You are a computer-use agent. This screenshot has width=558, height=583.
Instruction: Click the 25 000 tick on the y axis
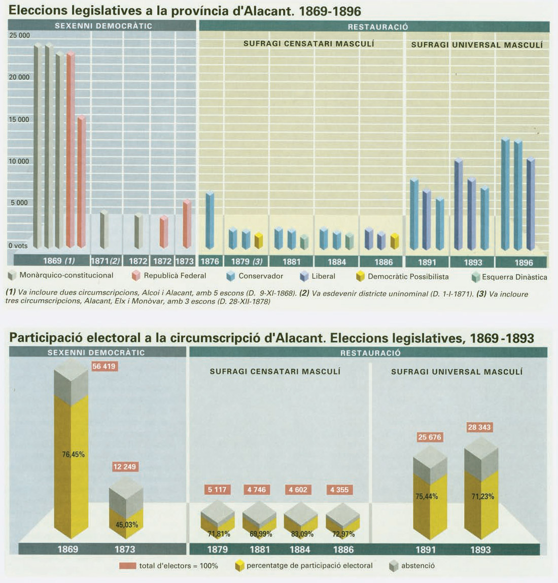point(20,35)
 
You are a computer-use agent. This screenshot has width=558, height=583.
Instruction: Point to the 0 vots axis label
point(18,245)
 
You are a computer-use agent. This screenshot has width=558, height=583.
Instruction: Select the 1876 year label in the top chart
point(210,262)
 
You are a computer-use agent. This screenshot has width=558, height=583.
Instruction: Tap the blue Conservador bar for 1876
point(210,221)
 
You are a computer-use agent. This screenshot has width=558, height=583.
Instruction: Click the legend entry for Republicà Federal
point(169,276)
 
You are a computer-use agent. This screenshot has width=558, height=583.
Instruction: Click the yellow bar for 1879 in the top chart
point(259,241)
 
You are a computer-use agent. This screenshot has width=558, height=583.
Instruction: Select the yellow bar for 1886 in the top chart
point(395,241)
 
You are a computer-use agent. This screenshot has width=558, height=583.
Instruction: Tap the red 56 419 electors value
point(104,366)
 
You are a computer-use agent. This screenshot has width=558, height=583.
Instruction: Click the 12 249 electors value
point(125,466)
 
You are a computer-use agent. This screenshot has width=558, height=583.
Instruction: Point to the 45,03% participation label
point(127,525)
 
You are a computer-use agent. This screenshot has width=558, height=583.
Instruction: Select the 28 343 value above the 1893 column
point(479,427)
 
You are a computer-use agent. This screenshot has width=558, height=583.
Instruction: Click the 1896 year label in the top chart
point(524,262)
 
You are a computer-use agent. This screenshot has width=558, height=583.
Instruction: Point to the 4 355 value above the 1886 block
point(339,490)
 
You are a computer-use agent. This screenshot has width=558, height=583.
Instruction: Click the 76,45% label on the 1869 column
point(73,455)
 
